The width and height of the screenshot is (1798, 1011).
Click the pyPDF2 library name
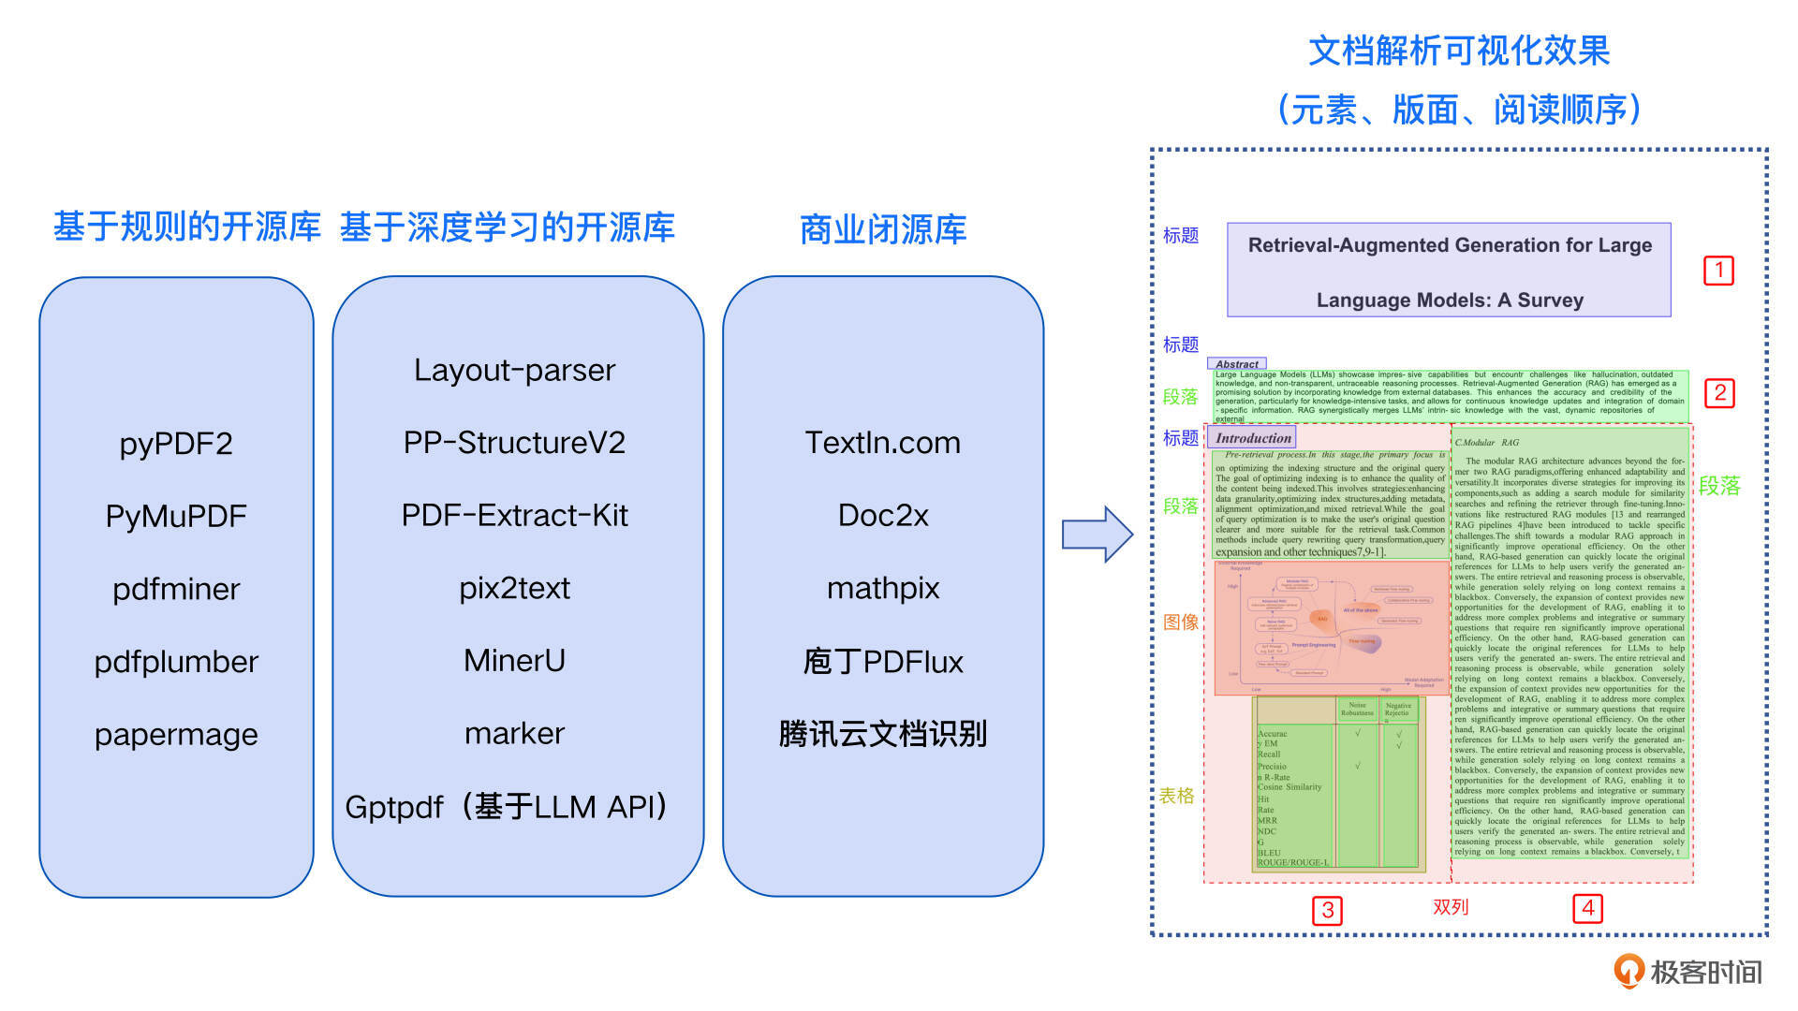point(176,443)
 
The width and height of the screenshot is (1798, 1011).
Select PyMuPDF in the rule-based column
point(176,516)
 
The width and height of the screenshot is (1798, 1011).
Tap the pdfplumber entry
point(176,662)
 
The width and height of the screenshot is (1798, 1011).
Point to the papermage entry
point(176,735)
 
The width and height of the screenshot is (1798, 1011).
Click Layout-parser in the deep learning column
point(514,370)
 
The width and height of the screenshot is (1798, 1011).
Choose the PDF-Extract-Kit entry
point(514,515)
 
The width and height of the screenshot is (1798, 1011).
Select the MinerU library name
point(514,661)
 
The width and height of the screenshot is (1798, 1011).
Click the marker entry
point(514,733)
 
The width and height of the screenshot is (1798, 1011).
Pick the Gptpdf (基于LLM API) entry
point(507,806)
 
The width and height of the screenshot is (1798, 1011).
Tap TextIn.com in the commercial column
point(882,443)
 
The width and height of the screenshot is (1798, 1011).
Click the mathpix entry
point(882,588)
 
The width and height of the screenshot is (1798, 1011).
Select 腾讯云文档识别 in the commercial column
point(882,734)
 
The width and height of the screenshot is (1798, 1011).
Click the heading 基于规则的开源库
point(186,227)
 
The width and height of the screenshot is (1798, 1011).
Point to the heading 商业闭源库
point(882,229)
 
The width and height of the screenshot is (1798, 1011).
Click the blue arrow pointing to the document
point(1097,535)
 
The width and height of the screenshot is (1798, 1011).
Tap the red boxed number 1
point(1718,271)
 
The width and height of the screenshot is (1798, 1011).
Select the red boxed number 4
point(1588,908)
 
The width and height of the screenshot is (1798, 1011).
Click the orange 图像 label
point(1180,623)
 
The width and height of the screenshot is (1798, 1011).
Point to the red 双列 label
point(1451,907)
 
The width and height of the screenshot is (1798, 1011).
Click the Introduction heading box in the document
point(1253,438)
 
